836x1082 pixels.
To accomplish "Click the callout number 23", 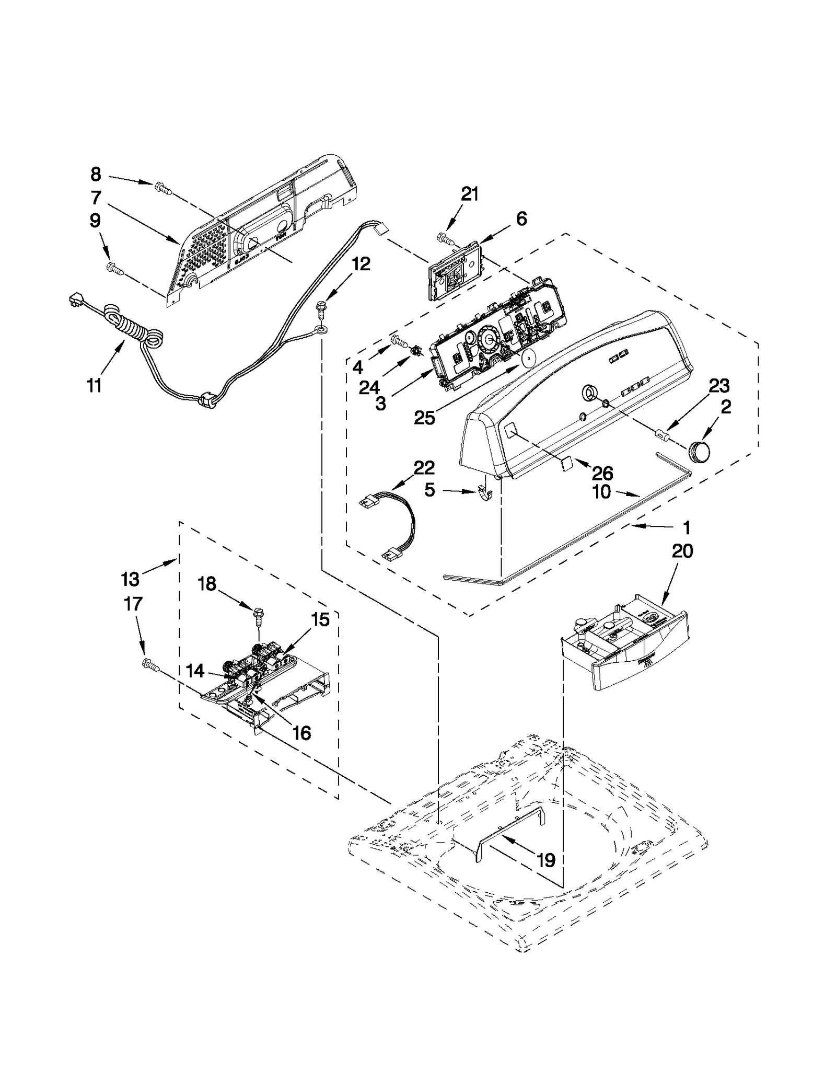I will [x=718, y=386].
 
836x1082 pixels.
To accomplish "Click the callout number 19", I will [x=546, y=859].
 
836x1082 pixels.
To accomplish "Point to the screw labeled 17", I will [x=149, y=664].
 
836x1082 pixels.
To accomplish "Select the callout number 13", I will [x=130, y=579].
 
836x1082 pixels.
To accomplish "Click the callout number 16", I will [x=301, y=732].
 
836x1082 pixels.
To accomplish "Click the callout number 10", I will [x=602, y=492].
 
